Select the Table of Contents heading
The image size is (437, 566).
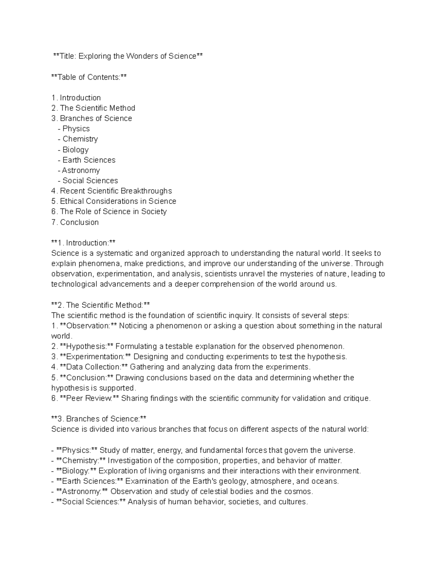pos(89,77)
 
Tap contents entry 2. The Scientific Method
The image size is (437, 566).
pos(94,108)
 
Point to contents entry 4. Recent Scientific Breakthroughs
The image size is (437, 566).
pos(112,191)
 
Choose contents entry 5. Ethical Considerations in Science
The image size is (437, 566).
pos(114,201)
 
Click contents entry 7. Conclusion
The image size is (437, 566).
pos(75,222)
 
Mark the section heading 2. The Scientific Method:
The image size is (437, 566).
pos(101,305)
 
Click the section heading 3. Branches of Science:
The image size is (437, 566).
pos(99,419)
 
